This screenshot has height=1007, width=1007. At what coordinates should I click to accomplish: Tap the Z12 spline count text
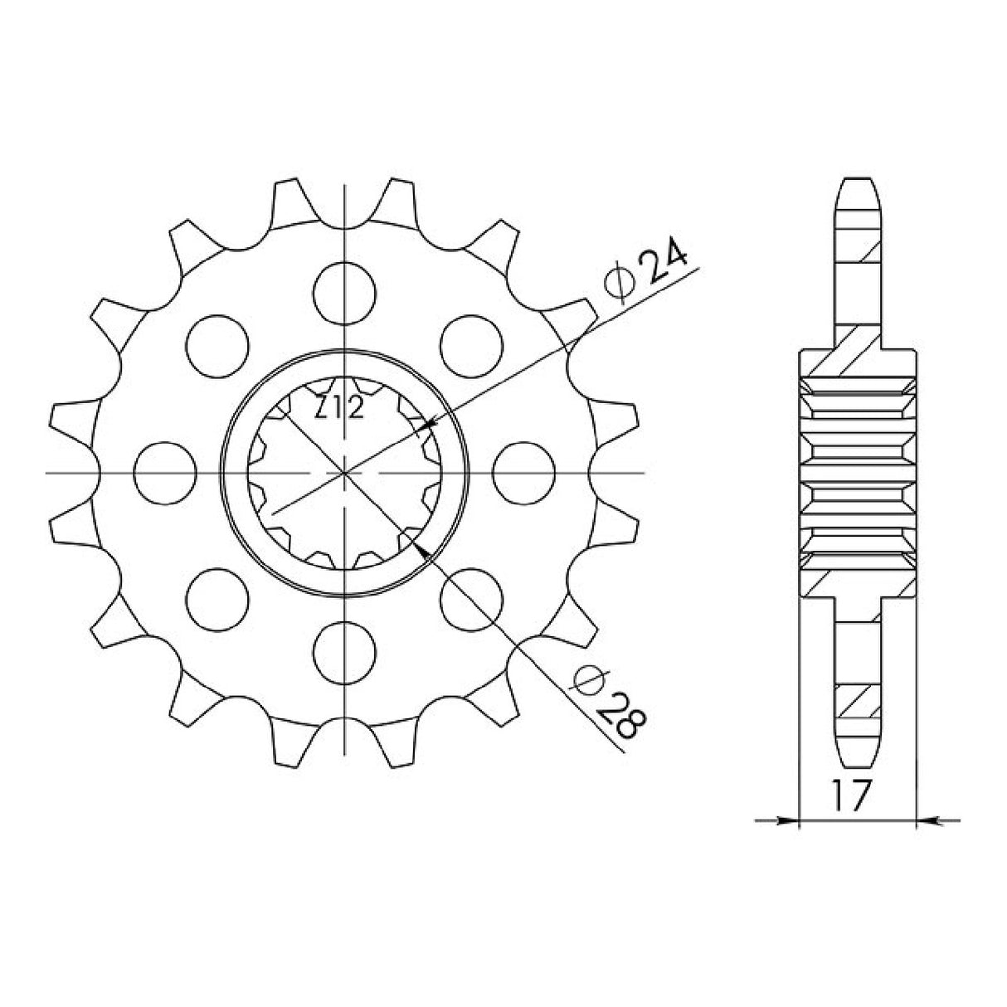(x=339, y=408)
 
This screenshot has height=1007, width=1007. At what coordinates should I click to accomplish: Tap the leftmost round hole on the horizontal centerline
(x=165, y=472)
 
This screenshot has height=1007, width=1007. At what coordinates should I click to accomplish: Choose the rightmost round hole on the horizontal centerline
(x=523, y=472)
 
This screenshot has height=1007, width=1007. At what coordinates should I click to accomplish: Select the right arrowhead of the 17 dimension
(x=927, y=822)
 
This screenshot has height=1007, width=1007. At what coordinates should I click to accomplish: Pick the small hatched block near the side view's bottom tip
(x=858, y=702)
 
